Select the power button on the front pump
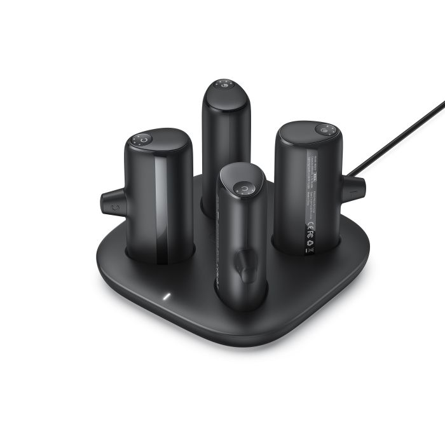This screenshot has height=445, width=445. tap(243, 188)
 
